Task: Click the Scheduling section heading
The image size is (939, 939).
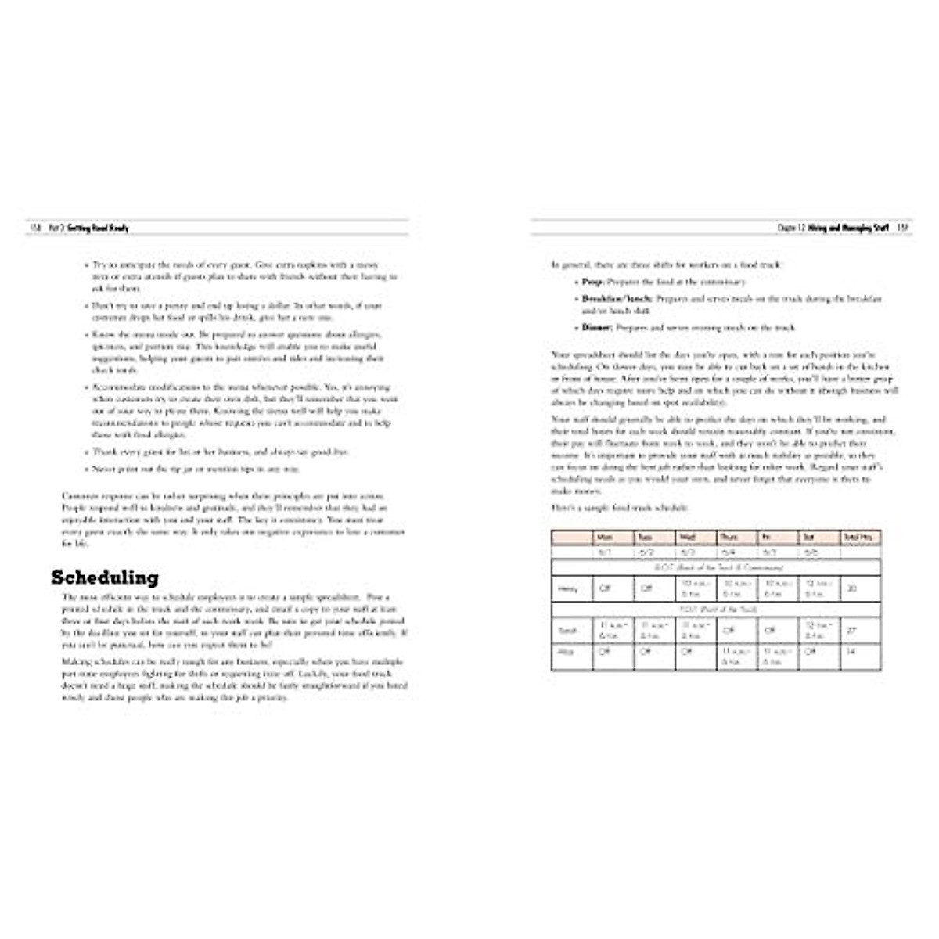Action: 105,578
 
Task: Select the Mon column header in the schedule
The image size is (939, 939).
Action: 605,538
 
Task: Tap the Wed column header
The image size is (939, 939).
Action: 687,538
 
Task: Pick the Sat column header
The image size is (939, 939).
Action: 809,538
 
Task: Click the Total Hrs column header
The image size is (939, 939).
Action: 858,538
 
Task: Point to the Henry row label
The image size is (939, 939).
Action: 568,588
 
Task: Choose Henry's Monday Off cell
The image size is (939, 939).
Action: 605,588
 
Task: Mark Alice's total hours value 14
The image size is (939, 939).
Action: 851,652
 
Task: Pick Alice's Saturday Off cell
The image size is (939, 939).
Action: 810,652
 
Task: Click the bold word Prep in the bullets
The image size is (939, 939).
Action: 592,282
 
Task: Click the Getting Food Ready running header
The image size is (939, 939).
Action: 98,228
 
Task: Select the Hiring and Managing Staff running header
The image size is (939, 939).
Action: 848,228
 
